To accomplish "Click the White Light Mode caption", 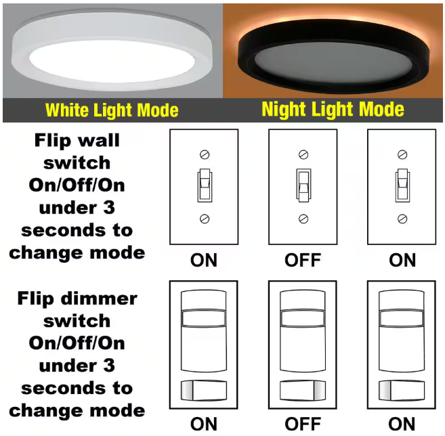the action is pyautogui.click(x=112, y=110).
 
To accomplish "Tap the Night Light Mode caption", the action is pyautogui.click(x=333, y=110).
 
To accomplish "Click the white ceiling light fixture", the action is pyautogui.click(x=112, y=51).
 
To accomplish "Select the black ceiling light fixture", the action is pyautogui.click(x=333, y=56).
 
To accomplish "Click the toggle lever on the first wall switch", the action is pyautogui.click(x=205, y=186).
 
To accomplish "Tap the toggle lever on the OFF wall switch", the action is pyautogui.click(x=303, y=186).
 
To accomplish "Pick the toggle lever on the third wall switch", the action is pyautogui.click(x=402, y=186).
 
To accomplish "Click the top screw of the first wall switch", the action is pyautogui.click(x=205, y=154).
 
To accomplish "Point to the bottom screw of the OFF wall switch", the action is pyautogui.click(x=303, y=219).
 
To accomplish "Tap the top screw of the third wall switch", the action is pyautogui.click(x=402, y=154).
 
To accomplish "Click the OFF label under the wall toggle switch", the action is pyautogui.click(x=303, y=260).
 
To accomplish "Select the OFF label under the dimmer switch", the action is pyautogui.click(x=303, y=424).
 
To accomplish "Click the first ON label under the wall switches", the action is pyautogui.click(x=204, y=260).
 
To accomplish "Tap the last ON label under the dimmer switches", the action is pyautogui.click(x=402, y=424).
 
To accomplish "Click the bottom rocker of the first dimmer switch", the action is pyautogui.click(x=204, y=391).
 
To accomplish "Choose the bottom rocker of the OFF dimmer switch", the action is pyautogui.click(x=303, y=391).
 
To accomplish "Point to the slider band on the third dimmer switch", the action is pyautogui.click(x=402, y=318).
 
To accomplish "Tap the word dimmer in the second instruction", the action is pyautogui.click(x=99, y=299).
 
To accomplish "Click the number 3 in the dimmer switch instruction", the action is pyautogui.click(x=109, y=366).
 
